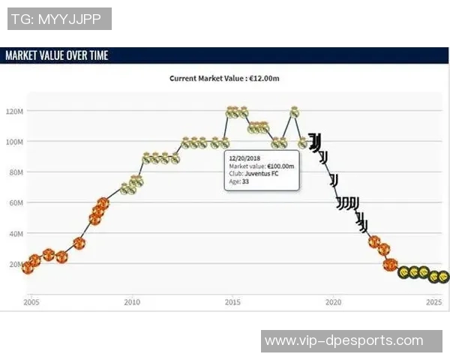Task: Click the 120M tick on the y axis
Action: (x=15, y=111)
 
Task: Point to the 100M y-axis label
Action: (x=15, y=142)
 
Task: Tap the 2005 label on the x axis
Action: (x=31, y=302)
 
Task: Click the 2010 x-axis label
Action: (x=132, y=302)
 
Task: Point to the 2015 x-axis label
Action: (x=232, y=302)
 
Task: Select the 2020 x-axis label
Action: (x=333, y=302)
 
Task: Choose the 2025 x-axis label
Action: (x=433, y=302)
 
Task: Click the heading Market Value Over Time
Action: (x=56, y=55)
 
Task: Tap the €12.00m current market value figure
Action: (x=265, y=78)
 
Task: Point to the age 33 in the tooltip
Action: (x=245, y=181)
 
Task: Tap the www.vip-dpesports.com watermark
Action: (x=343, y=340)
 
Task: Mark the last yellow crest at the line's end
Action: (x=444, y=277)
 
